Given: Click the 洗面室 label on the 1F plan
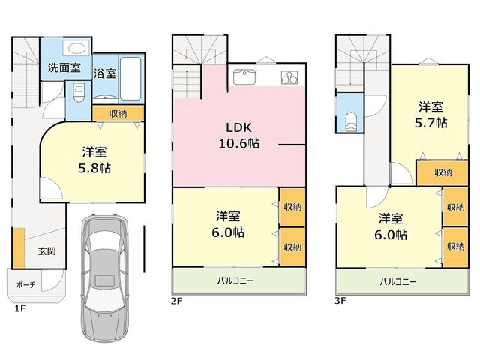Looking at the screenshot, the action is [64, 67].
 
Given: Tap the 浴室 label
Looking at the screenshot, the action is [105, 73].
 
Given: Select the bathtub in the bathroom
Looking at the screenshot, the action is [130, 78].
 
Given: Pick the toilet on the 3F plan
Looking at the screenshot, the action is [351, 121].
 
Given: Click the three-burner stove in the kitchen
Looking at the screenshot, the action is [289, 77].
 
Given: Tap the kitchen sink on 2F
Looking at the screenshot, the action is [244, 76].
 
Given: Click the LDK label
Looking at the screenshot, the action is [238, 127].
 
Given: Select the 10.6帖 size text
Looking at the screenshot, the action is [238, 143].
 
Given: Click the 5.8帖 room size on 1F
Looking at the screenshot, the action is [94, 168].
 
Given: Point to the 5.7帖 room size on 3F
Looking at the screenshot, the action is [430, 123].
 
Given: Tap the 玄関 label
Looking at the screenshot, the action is [47, 251].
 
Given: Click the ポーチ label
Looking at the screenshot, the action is [26, 285].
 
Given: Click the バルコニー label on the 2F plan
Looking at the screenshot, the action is [235, 280].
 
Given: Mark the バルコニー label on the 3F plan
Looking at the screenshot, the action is [398, 281].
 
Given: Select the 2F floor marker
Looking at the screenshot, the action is [177, 301].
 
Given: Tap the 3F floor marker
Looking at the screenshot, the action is [340, 301].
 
